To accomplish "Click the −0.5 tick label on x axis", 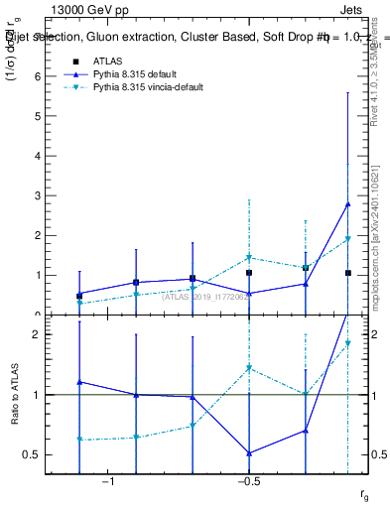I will (x=248, y=482).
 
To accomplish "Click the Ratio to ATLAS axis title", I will (x=15, y=397).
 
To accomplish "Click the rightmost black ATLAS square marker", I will (x=347, y=273).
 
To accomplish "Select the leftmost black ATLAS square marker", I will (x=79, y=296).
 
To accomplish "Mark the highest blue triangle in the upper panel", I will (x=347, y=204).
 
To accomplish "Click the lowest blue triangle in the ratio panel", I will (x=249, y=453).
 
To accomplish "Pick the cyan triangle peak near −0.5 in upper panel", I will (x=249, y=257).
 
